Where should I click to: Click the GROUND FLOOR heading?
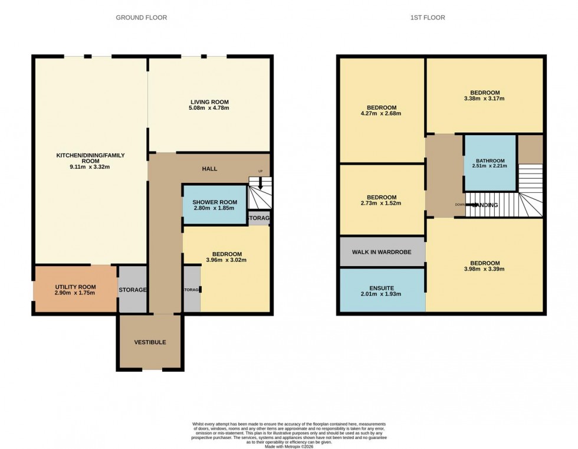(141, 18)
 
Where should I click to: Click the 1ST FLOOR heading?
(429, 18)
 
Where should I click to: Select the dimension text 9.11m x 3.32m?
(90, 167)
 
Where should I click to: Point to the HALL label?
(209, 169)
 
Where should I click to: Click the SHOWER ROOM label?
(215, 202)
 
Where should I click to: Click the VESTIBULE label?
(150, 342)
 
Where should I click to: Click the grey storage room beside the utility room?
(133, 290)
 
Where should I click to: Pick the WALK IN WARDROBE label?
(382, 252)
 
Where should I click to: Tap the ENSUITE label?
(381, 289)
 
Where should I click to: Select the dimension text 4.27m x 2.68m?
(381, 114)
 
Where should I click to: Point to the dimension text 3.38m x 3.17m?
(485, 99)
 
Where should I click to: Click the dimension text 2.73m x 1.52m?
(381, 204)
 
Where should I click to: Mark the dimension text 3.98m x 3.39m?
(484, 269)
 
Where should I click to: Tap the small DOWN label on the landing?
(460, 205)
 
